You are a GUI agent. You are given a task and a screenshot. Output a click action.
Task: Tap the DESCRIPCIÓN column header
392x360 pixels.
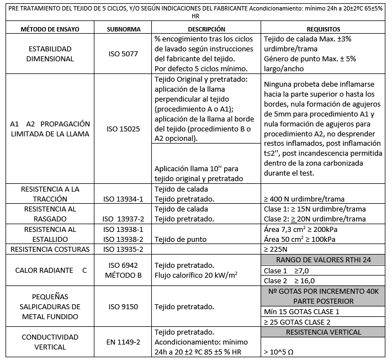point(206,29)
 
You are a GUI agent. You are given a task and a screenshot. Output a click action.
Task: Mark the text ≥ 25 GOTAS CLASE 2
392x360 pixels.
point(298,321)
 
